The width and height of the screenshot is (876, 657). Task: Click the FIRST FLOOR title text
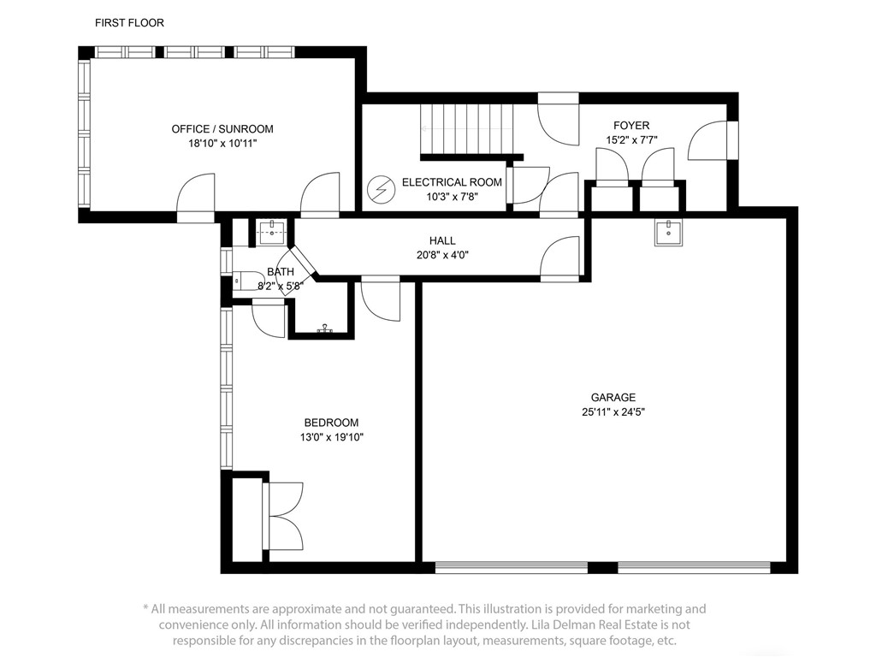click(129, 23)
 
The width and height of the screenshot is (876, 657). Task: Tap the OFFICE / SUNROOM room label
click(222, 129)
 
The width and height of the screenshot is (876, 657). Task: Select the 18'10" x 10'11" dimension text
click(222, 144)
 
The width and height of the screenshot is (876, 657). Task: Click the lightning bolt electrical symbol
click(379, 190)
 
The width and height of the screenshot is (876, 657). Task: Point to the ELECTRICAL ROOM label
click(452, 182)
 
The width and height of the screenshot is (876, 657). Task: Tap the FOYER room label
click(631, 126)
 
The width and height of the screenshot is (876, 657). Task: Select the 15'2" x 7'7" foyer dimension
click(631, 139)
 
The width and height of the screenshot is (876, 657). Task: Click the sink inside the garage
click(668, 232)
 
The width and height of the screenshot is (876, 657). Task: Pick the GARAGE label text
click(613, 397)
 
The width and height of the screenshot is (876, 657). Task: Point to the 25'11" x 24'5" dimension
click(613, 411)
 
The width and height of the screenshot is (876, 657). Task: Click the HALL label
click(442, 240)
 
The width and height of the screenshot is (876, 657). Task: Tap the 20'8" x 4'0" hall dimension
click(442, 254)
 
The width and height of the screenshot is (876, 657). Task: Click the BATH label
click(280, 272)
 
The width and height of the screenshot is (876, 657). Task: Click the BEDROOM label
click(331, 423)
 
